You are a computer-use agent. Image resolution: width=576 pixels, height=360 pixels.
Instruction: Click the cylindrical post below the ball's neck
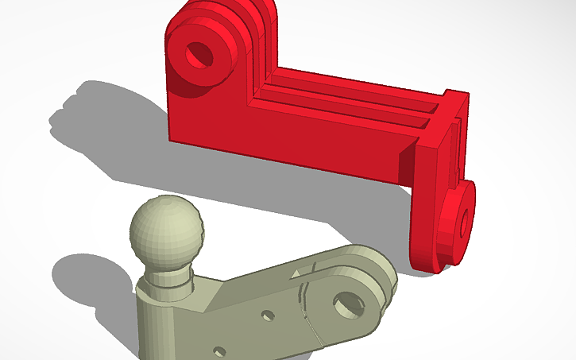[160, 326]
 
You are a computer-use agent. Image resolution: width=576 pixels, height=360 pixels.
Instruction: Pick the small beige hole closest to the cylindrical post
[219, 350]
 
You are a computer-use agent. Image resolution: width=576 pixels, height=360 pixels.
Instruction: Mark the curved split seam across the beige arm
[307, 310]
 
